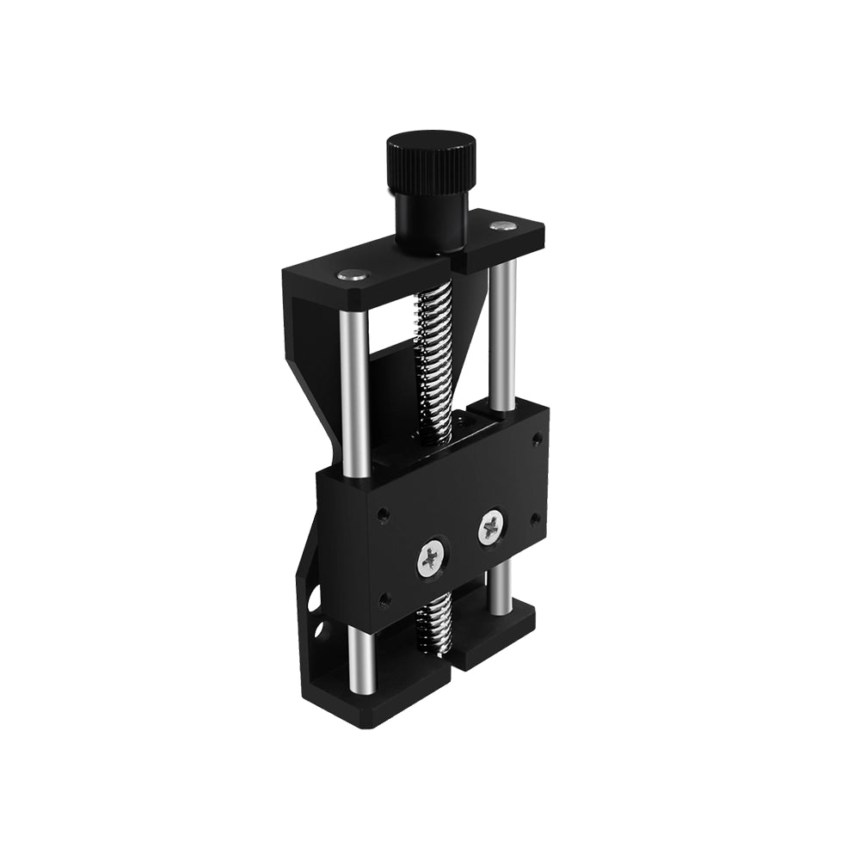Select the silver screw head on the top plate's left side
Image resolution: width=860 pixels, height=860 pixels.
(349, 274)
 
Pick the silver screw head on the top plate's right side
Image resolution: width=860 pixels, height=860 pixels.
(501, 226)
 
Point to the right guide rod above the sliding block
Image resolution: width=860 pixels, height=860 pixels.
(504, 331)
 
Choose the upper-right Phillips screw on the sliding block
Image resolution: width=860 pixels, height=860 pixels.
(491, 527)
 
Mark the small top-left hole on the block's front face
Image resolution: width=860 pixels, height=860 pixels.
(384, 516)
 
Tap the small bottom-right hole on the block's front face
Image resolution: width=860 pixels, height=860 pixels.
(535, 519)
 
